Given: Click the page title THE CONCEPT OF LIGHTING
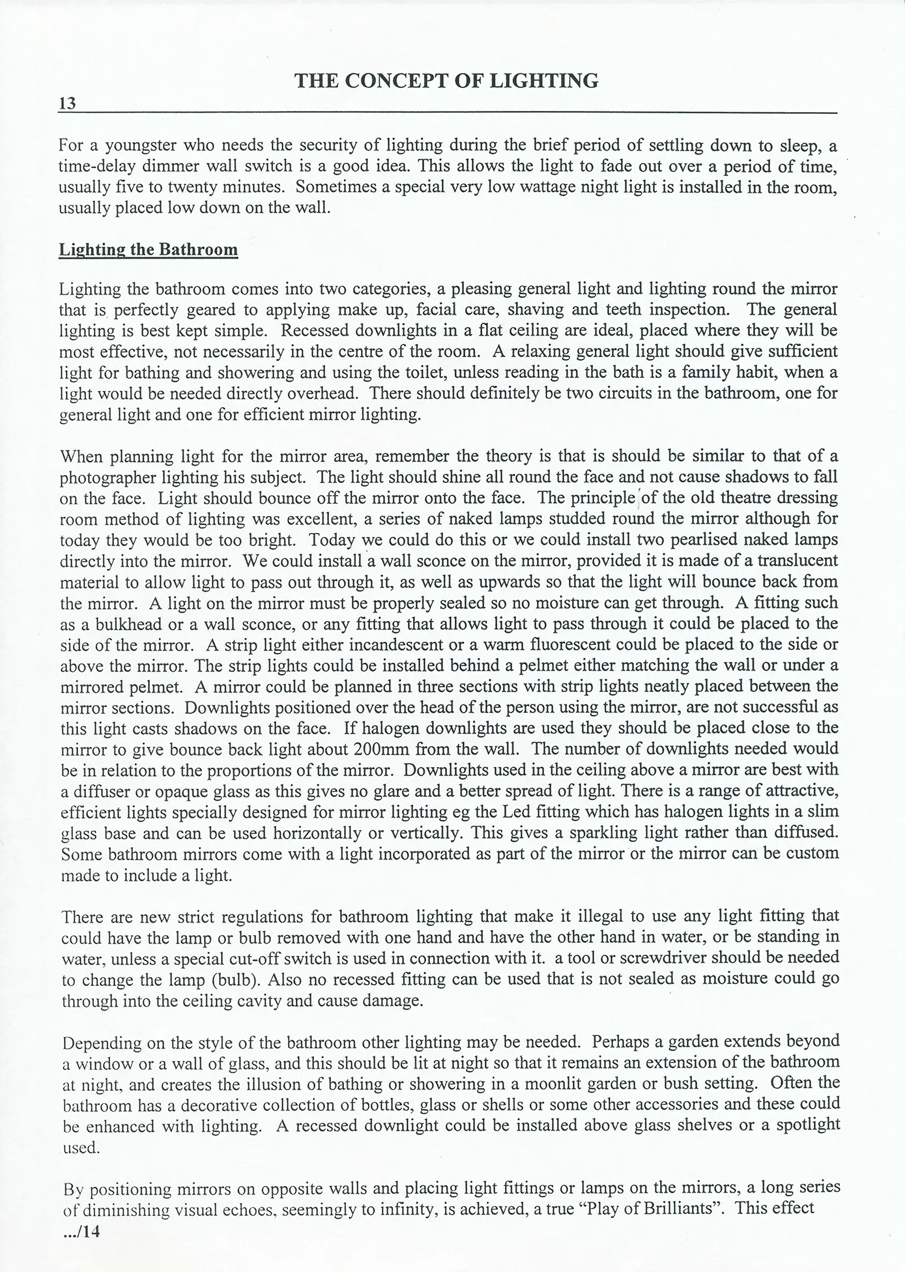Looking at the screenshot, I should [446, 81].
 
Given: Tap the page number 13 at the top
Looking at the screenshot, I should [67, 104].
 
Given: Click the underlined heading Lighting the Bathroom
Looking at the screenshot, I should [149, 250].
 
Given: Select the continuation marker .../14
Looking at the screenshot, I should [81, 1232].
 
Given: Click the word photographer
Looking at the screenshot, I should [107, 477].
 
